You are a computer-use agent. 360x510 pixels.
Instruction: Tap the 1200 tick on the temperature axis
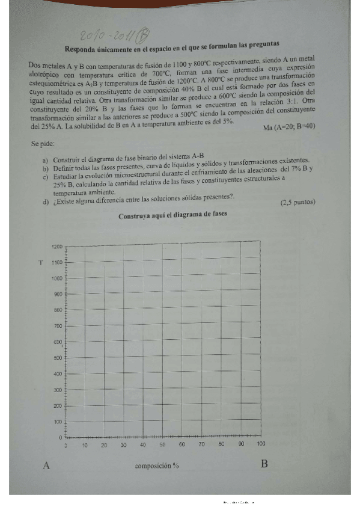pyautogui.click(x=57, y=247)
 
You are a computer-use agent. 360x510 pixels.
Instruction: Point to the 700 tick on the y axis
pyautogui.click(x=58, y=326)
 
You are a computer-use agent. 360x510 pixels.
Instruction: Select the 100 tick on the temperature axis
pyautogui.click(x=58, y=422)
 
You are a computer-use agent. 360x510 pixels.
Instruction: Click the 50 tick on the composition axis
pyautogui.click(x=162, y=444)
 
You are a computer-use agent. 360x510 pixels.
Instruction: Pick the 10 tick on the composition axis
pyautogui.click(x=85, y=445)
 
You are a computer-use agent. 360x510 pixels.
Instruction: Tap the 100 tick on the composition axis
pyautogui.click(x=260, y=444)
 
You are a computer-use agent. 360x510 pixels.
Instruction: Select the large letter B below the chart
pyautogui.click(x=264, y=464)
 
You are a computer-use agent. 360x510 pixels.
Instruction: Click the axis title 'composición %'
pyautogui.click(x=157, y=465)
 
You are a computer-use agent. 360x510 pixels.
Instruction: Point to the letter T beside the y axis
pyautogui.click(x=40, y=262)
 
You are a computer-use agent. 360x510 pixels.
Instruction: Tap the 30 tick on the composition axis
pyautogui.click(x=123, y=445)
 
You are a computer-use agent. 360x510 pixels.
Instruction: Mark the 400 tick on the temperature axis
pyautogui.click(x=58, y=374)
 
